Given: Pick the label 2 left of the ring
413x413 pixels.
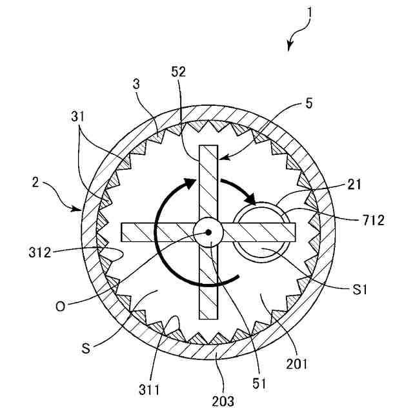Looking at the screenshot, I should pos(37,183).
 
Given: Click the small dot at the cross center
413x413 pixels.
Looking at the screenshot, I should pos(208,231).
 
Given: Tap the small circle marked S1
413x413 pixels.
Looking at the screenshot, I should pos(256,232).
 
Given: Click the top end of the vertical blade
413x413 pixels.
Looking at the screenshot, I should pos(209,148).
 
